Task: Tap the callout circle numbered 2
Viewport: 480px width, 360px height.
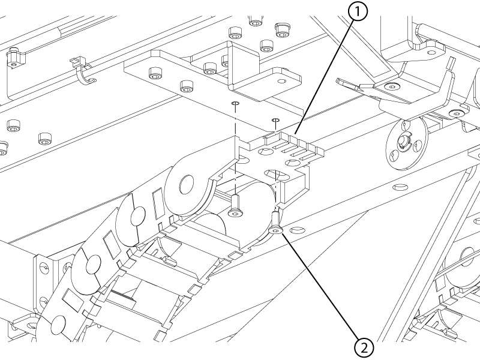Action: coord(365,346)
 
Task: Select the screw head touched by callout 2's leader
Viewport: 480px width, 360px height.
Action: coord(276,230)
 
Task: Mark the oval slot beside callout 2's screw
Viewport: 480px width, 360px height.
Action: coord(296,230)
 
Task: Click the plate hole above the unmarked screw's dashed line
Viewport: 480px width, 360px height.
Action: coord(235,104)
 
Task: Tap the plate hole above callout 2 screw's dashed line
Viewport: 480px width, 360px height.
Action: coord(276,120)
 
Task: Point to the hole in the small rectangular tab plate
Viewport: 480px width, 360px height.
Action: coord(280,77)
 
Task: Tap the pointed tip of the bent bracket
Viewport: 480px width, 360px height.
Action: coord(339,79)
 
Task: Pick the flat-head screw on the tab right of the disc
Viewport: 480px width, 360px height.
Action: coord(458,112)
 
